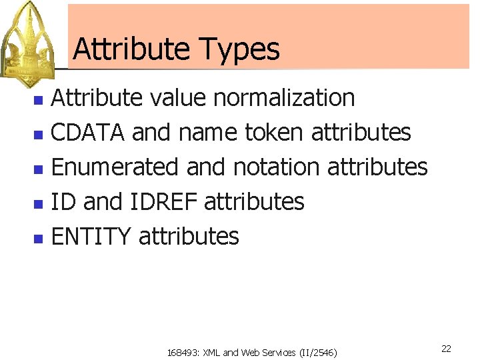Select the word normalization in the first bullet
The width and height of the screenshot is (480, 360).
[285, 98]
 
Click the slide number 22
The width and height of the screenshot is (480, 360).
[446, 349]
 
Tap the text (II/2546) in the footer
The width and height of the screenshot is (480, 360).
[318, 352]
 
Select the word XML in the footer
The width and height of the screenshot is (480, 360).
[211, 352]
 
